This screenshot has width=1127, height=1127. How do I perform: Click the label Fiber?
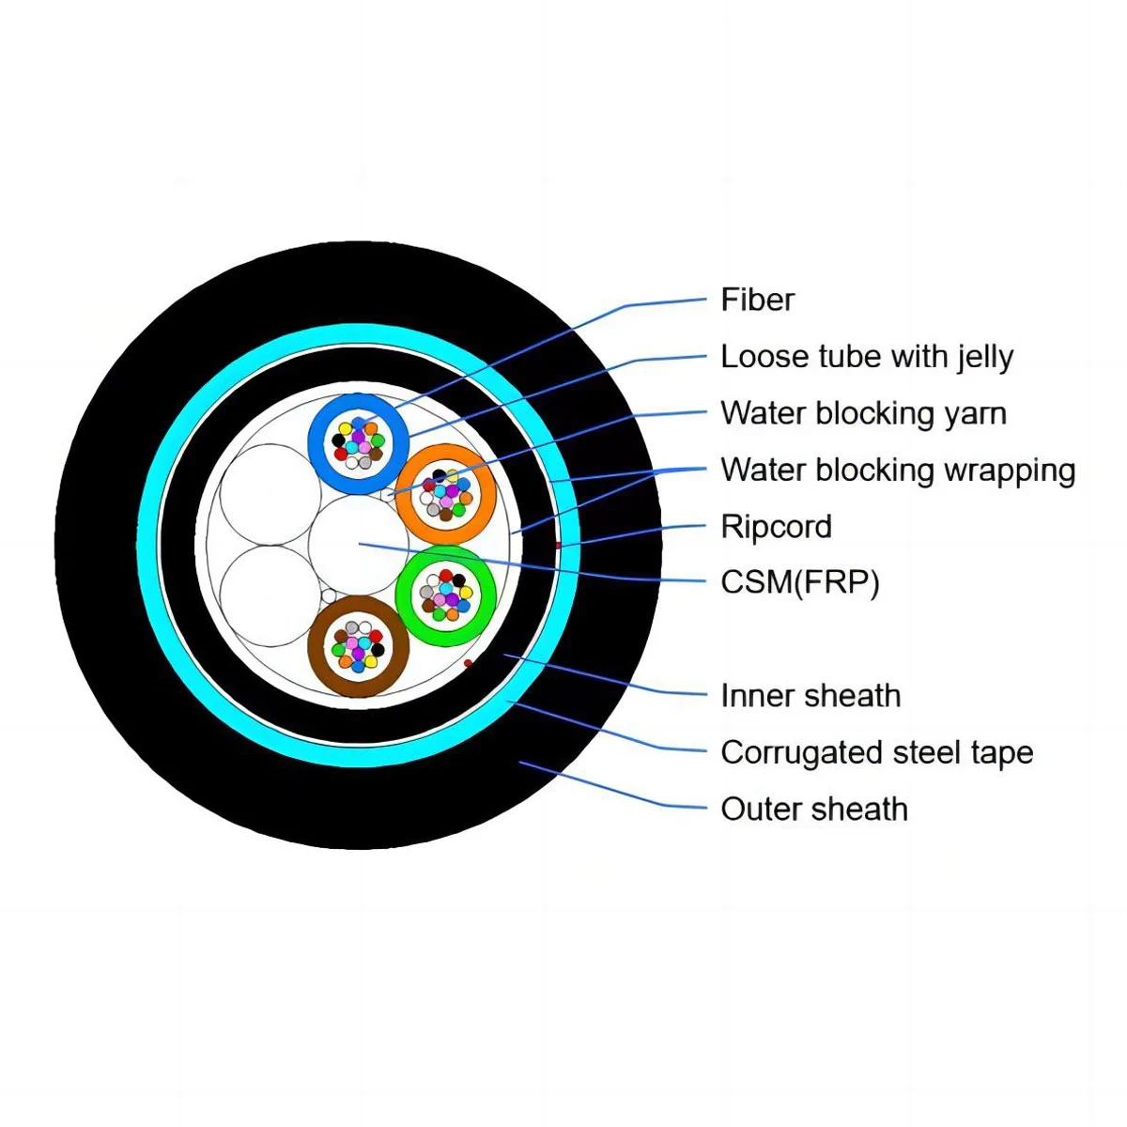click(x=757, y=300)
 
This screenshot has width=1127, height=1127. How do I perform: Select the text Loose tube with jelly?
click(x=867, y=357)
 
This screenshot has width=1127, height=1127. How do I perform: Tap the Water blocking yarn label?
click(x=863, y=413)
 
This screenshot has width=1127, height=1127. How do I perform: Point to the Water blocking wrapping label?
click(x=898, y=470)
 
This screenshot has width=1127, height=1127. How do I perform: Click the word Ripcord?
click(x=776, y=526)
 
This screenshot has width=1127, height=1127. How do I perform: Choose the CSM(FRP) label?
click(x=800, y=582)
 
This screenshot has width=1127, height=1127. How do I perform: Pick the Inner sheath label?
click(x=811, y=696)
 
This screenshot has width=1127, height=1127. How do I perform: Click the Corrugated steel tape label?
click(x=876, y=752)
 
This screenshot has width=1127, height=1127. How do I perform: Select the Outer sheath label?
click(x=814, y=809)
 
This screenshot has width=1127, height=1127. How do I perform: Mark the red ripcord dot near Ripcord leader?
click(x=558, y=545)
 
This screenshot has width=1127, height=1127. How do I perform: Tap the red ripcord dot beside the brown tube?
click(x=469, y=664)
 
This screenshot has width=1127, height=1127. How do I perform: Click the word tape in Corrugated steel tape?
click(x=1001, y=752)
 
